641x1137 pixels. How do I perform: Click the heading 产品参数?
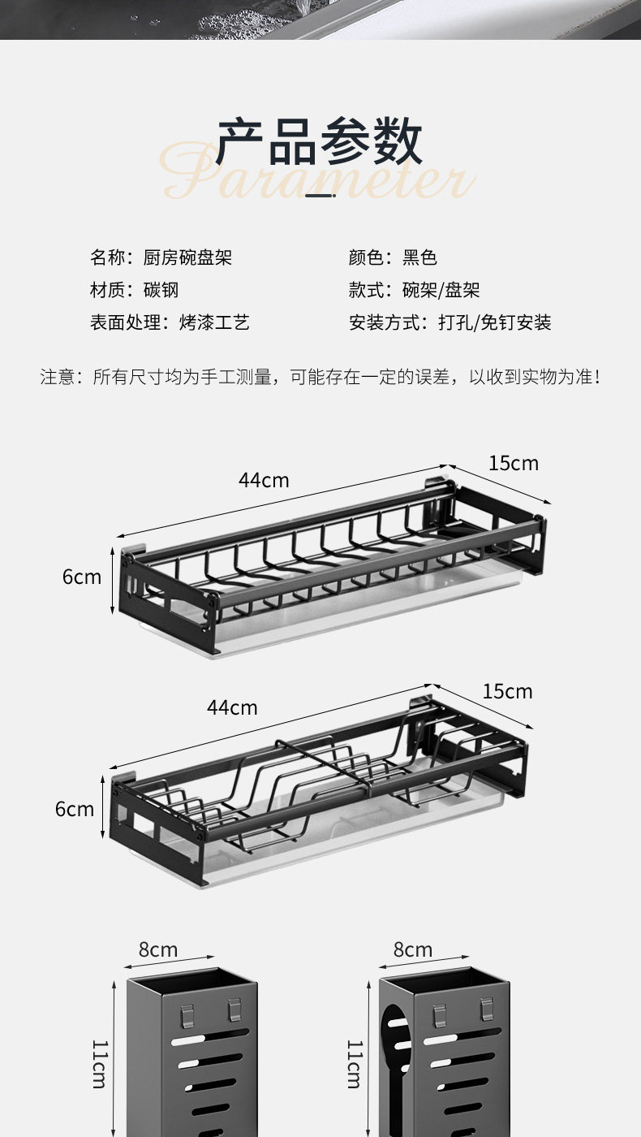320,142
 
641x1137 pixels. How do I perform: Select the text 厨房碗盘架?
188,257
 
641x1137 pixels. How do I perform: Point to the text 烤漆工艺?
214,322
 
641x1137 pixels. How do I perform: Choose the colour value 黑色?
420,257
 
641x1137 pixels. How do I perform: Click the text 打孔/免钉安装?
495,322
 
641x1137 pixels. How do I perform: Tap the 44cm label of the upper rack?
264,480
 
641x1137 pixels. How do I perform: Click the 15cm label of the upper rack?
513,463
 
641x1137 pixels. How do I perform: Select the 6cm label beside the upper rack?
82,577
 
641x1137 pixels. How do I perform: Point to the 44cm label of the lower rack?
232,707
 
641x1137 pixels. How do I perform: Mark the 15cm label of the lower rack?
507,691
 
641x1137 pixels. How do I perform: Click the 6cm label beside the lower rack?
75,809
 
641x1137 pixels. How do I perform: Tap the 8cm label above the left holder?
158,949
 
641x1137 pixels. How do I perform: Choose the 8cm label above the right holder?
413,949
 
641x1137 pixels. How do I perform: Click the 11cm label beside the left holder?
99,1063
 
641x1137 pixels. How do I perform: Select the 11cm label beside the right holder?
354,1063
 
